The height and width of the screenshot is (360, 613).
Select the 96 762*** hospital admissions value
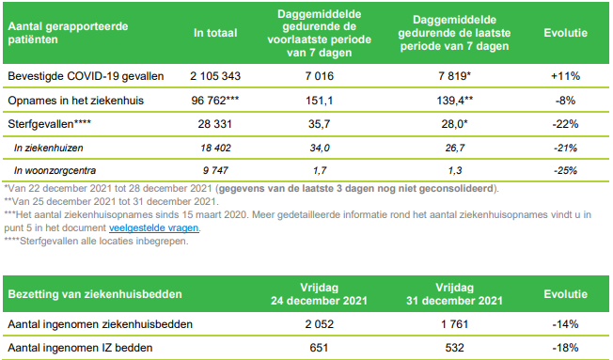pos(216,99)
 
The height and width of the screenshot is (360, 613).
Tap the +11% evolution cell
pos(566,75)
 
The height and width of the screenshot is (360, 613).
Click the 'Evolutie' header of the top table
pos(566,33)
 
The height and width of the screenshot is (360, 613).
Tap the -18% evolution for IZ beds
pos(566,349)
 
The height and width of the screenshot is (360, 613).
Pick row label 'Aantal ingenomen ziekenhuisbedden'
pos(100,324)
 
